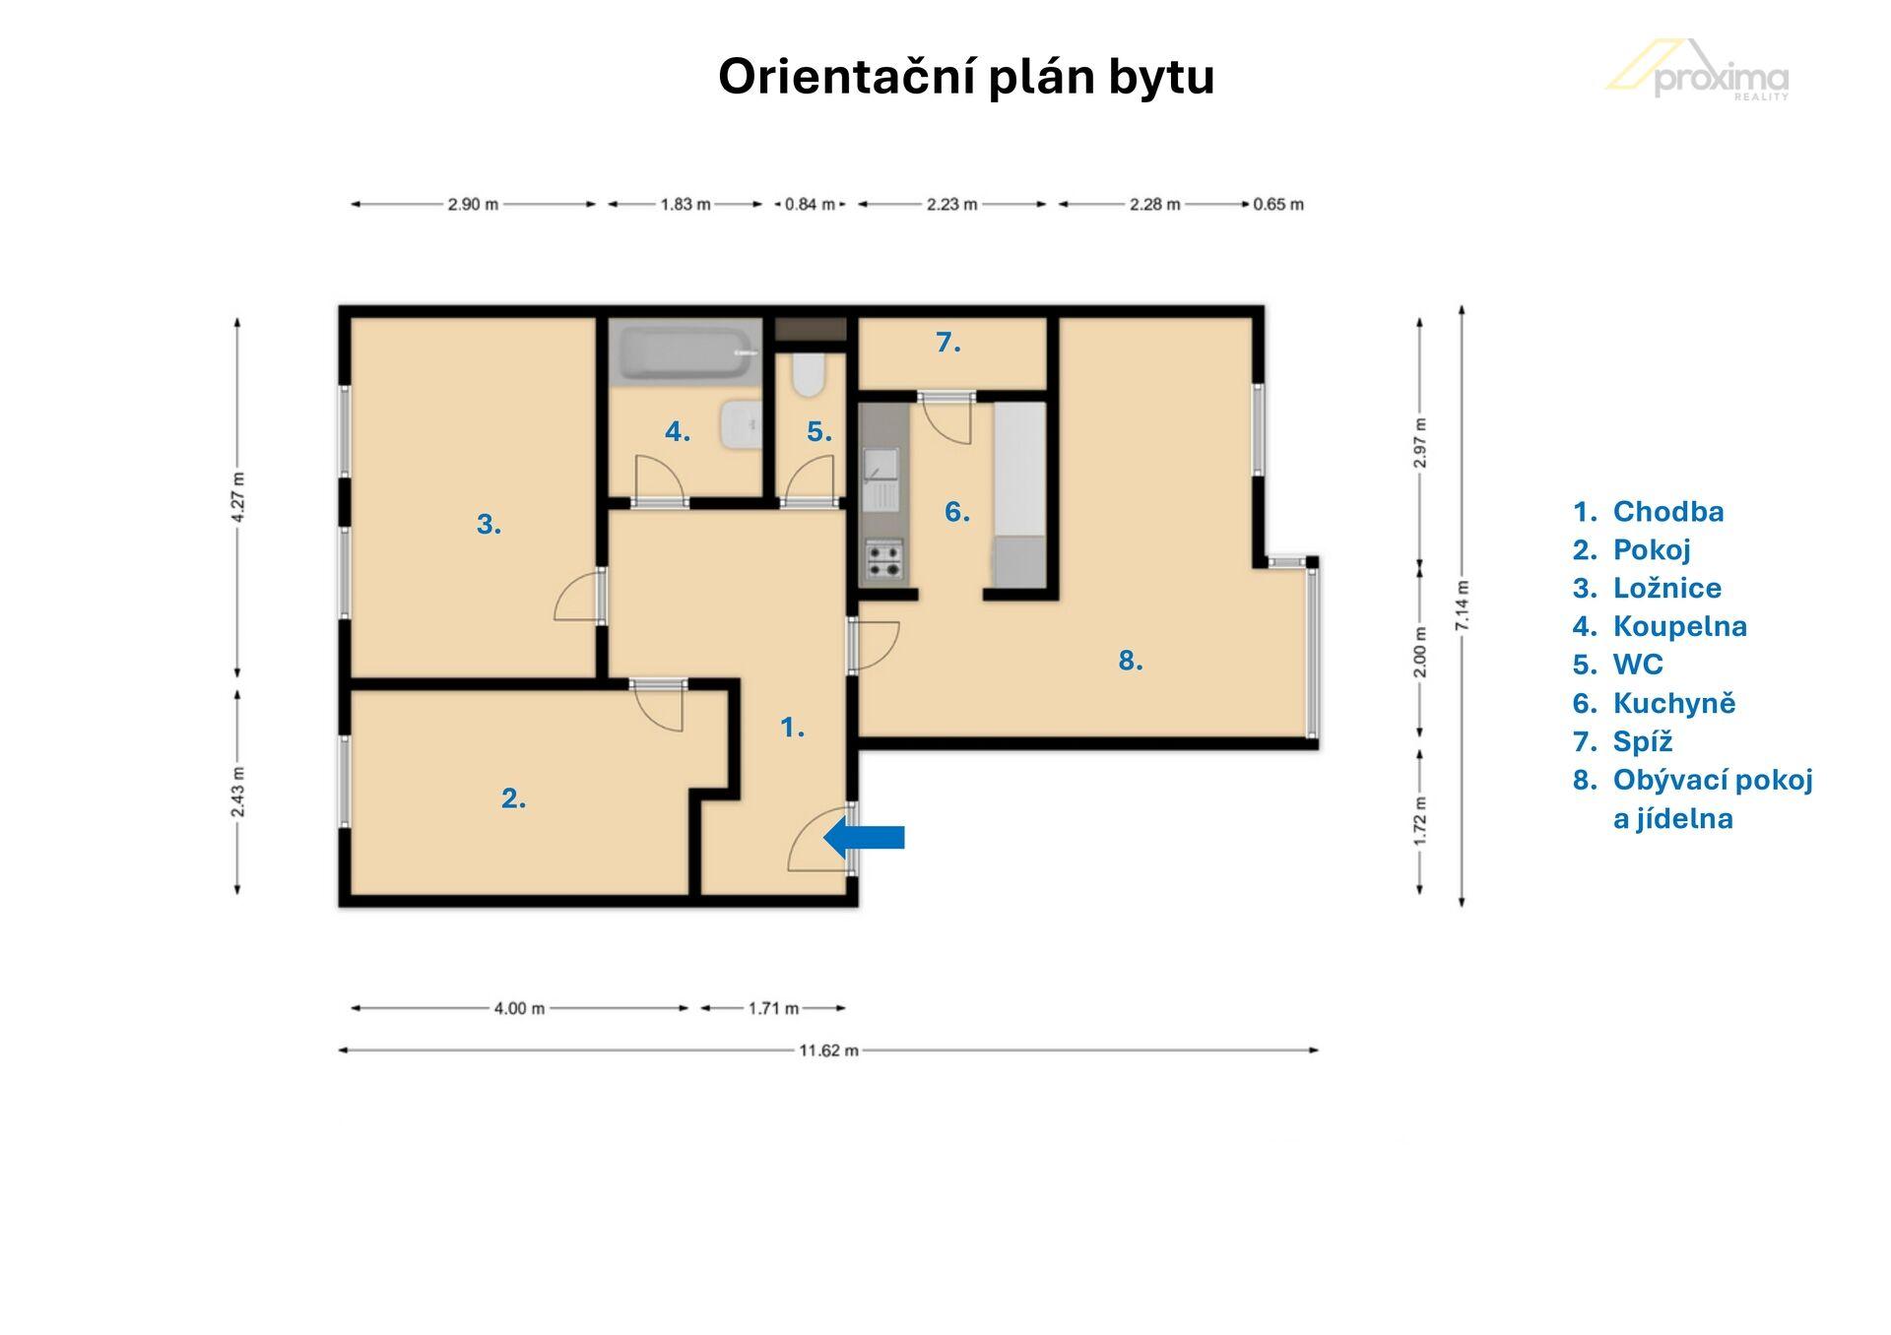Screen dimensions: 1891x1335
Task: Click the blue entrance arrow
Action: click(864, 838)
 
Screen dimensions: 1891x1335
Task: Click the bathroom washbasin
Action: click(740, 425)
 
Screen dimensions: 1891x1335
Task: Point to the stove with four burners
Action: click(883, 559)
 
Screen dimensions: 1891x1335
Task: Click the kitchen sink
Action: click(880, 479)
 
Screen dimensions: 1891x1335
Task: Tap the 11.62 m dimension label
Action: click(828, 1050)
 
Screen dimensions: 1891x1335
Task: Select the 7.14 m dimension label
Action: click(1462, 605)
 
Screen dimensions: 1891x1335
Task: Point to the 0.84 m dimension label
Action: click(810, 205)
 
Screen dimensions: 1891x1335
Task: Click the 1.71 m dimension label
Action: click(773, 1008)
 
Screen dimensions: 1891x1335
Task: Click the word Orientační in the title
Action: click(848, 76)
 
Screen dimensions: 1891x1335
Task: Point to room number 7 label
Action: click(947, 343)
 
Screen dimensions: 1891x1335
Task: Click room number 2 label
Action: click(513, 798)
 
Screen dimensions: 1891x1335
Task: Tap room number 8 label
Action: click(1131, 661)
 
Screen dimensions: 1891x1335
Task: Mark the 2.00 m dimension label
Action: click(1419, 652)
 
